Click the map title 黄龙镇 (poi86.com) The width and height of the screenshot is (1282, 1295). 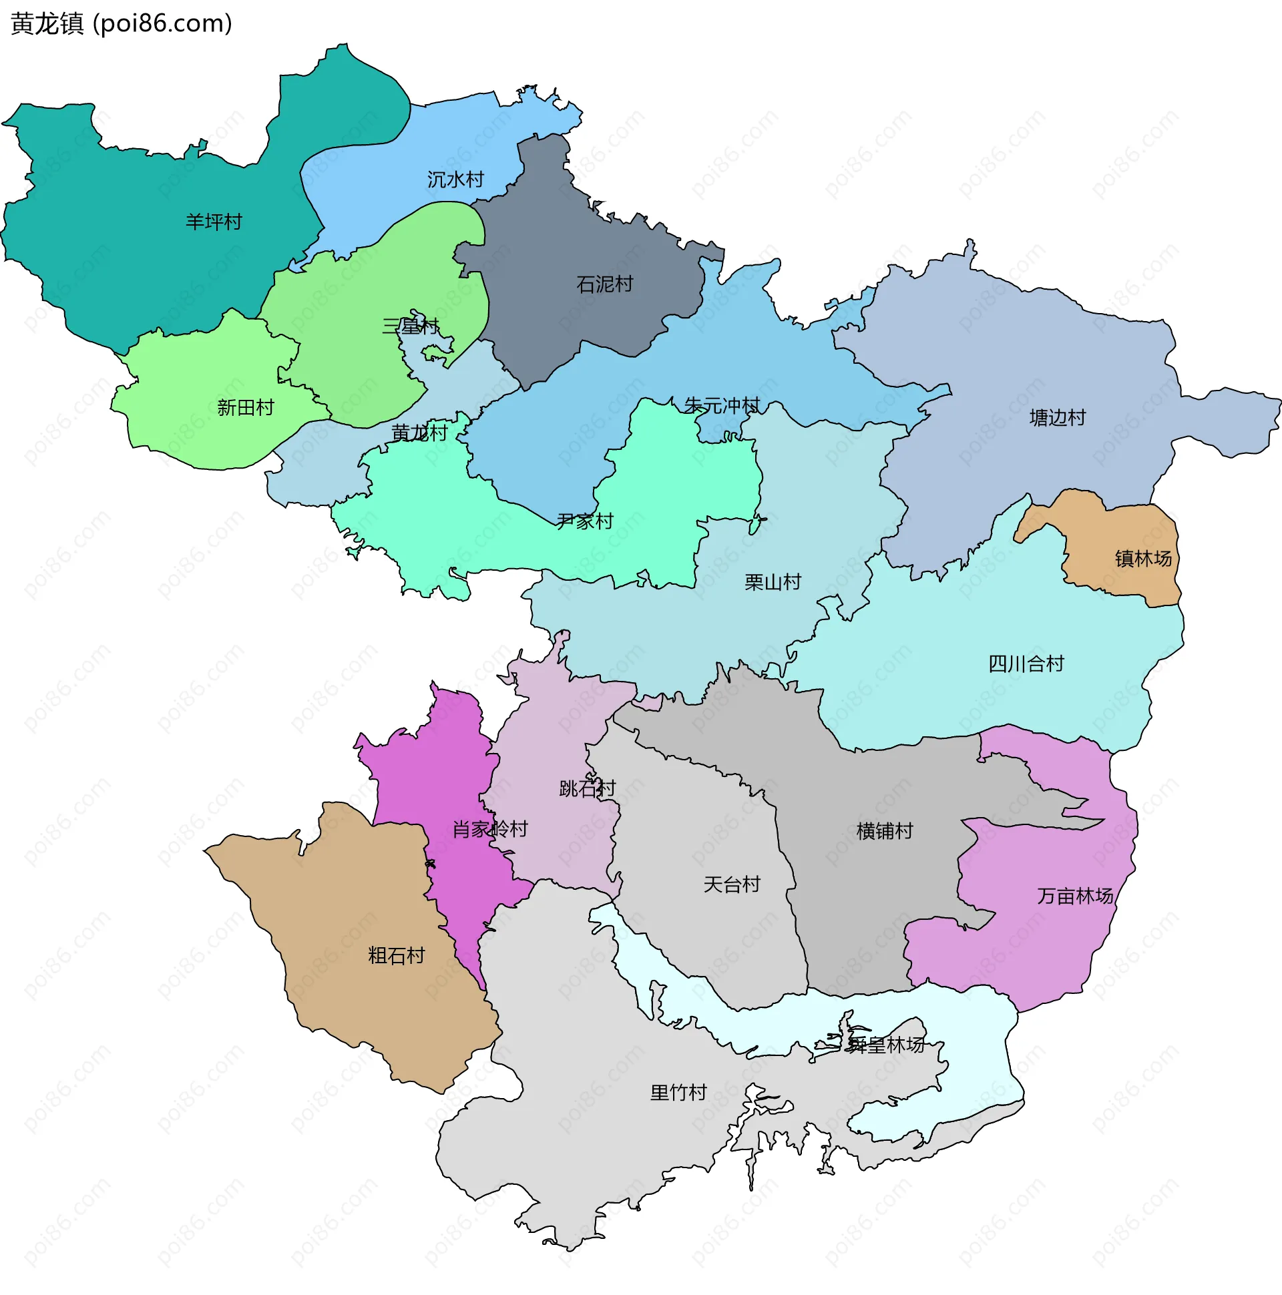click(122, 24)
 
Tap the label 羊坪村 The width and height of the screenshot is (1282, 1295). click(213, 222)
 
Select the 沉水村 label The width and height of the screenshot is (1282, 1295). click(455, 180)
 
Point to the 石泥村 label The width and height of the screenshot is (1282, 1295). click(604, 284)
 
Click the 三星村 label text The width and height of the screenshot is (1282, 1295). click(411, 326)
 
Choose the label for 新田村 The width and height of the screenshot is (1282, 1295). click(246, 408)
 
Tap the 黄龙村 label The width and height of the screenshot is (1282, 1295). click(419, 433)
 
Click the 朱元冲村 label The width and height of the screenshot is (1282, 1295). click(722, 406)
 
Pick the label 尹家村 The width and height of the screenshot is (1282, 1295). click(585, 521)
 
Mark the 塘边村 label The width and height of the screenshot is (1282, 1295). click(1058, 419)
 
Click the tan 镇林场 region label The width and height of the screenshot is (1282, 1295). click(1143, 558)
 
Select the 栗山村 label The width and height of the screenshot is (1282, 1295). click(773, 582)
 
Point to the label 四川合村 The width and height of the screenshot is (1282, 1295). click(1026, 664)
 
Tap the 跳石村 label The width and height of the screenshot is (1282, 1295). click(587, 788)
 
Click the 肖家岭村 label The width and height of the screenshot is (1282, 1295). click(490, 829)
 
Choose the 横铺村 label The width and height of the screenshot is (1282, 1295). click(885, 831)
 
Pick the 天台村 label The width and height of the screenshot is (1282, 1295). click(732, 884)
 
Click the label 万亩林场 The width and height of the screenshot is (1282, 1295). click(1075, 896)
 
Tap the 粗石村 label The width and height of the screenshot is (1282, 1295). click(396, 955)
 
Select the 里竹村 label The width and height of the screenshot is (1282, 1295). click(678, 1093)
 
